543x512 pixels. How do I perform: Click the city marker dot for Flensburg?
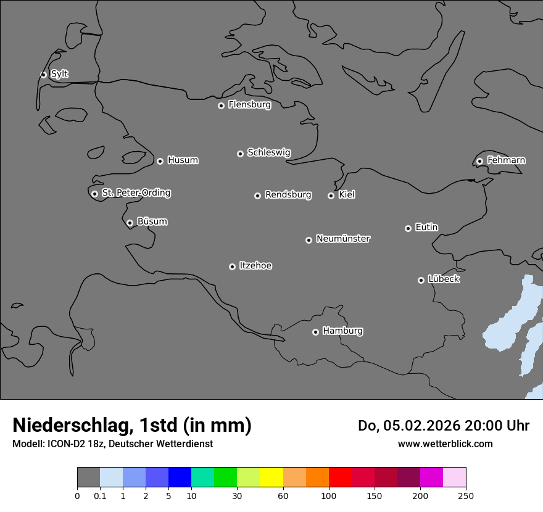(221, 105)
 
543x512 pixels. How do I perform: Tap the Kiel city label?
(347, 194)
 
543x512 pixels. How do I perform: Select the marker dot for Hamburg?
(315, 332)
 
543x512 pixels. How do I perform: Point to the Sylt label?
(59, 74)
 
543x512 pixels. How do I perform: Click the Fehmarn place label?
(506, 160)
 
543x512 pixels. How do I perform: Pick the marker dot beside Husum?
(160, 161)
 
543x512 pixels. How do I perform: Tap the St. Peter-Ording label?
(136, 192)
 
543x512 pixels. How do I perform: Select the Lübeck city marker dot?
(421, 280)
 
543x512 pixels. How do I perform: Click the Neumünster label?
(343, 238)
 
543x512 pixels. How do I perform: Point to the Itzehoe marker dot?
(232, 266)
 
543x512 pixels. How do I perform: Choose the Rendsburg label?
(288, 194)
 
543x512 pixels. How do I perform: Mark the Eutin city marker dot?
(408, 228)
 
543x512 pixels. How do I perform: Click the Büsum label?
(152, 221)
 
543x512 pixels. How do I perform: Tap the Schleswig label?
(268, 152)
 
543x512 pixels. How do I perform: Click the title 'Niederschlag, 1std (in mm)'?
(132, 425)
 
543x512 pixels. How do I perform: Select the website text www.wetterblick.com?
(445, 444)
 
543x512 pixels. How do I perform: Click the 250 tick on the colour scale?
(466, 495)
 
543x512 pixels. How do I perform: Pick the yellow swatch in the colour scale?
(271, 477)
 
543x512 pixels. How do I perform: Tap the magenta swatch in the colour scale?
(431, 477)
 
